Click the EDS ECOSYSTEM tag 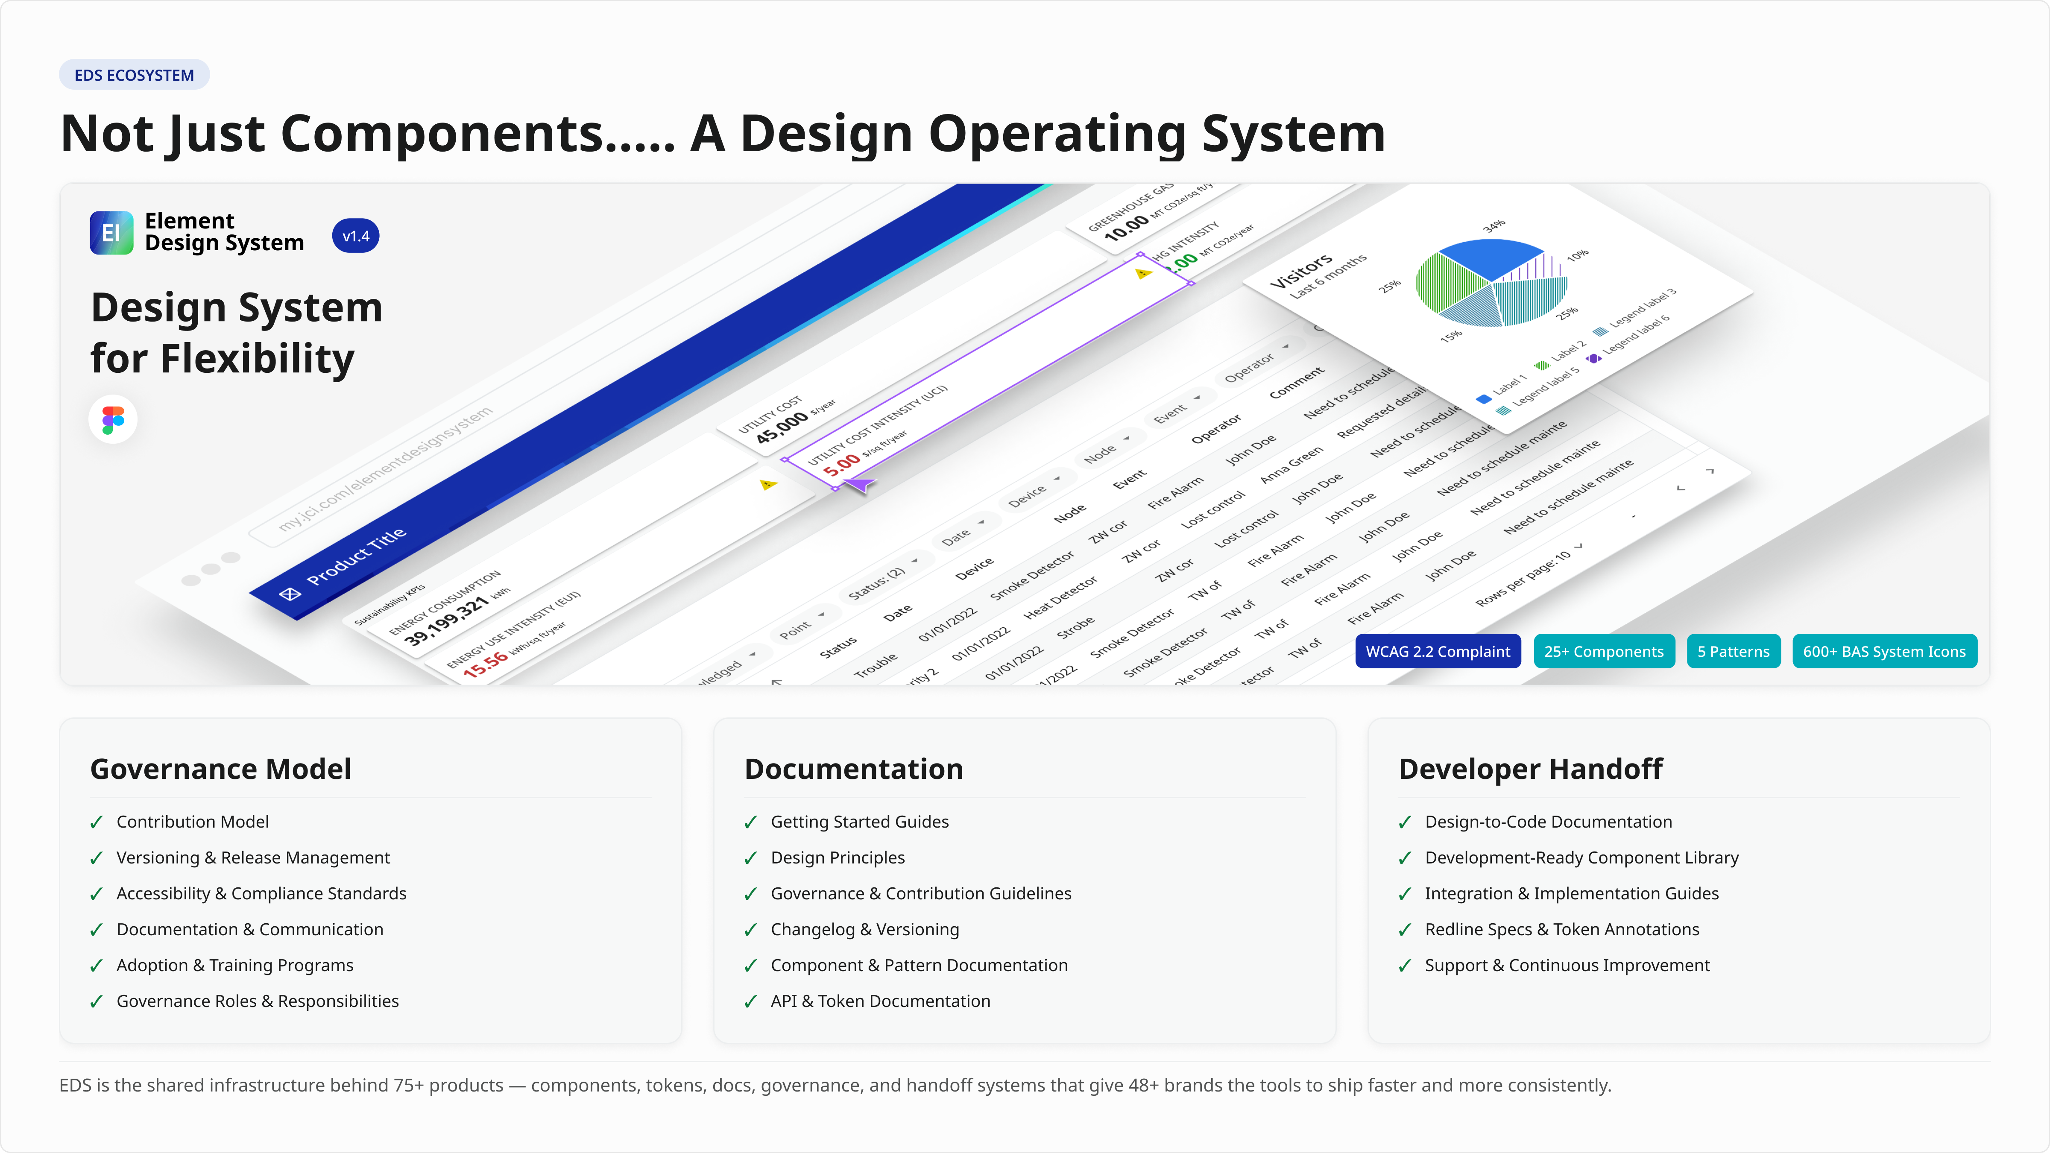[134, 75]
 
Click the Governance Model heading [220, 769]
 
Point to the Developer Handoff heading [1529, 769]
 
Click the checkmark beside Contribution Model [96, 822]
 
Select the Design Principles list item [837, 858]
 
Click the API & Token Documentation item [880, 1001]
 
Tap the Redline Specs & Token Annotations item [1561, 929]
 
